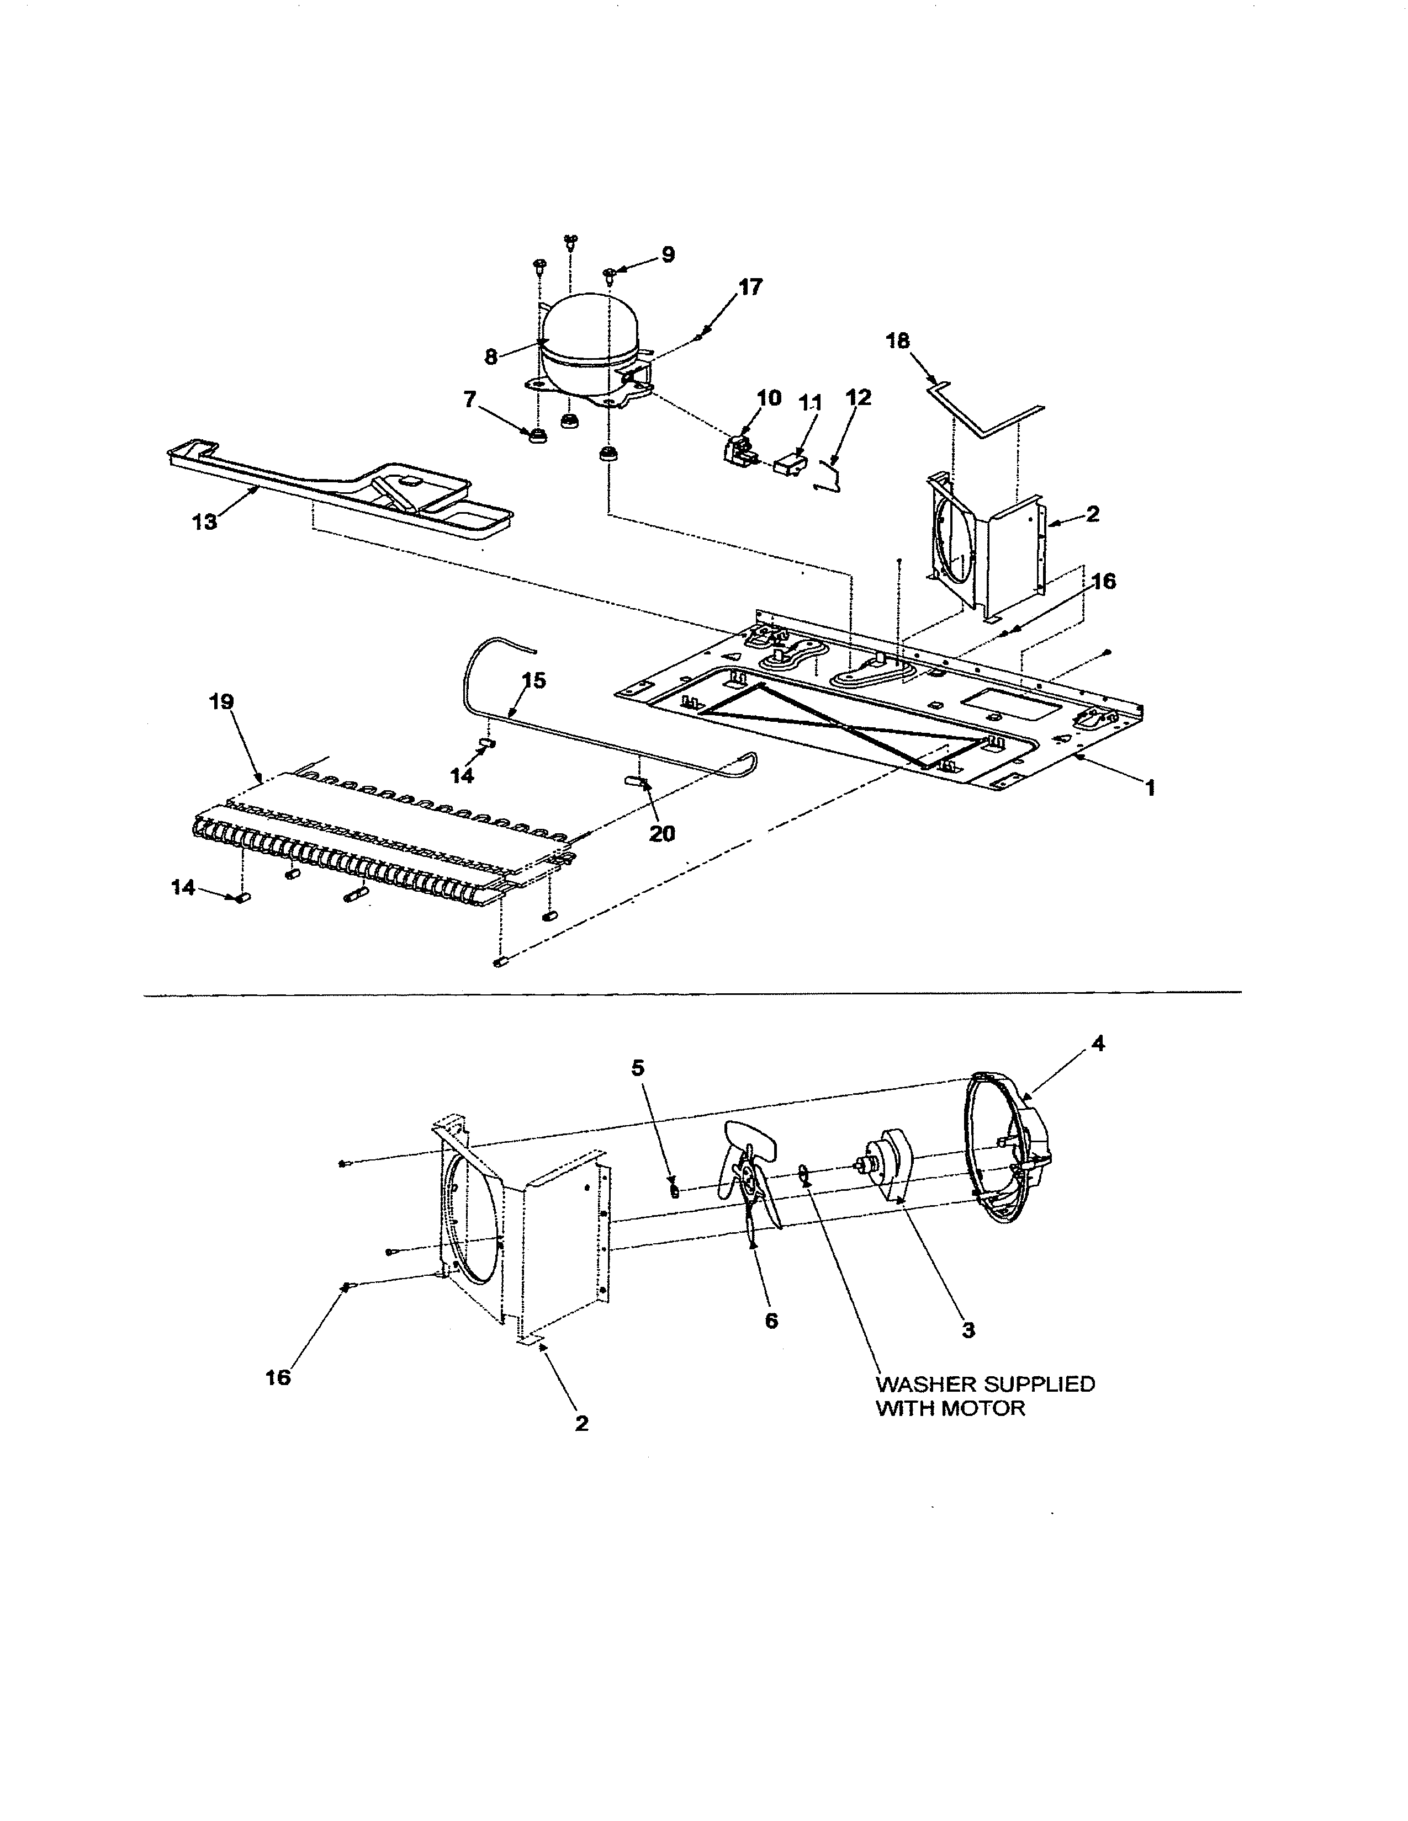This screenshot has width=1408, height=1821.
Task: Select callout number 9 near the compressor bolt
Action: [x=668, y=254]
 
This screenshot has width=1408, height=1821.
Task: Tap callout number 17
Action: [x=750, y=287]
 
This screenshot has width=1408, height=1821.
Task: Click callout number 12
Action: [x=857, y=398]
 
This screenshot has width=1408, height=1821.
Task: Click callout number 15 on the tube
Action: [x=534, y=680]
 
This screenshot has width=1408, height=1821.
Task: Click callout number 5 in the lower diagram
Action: [x=638, y=1068]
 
